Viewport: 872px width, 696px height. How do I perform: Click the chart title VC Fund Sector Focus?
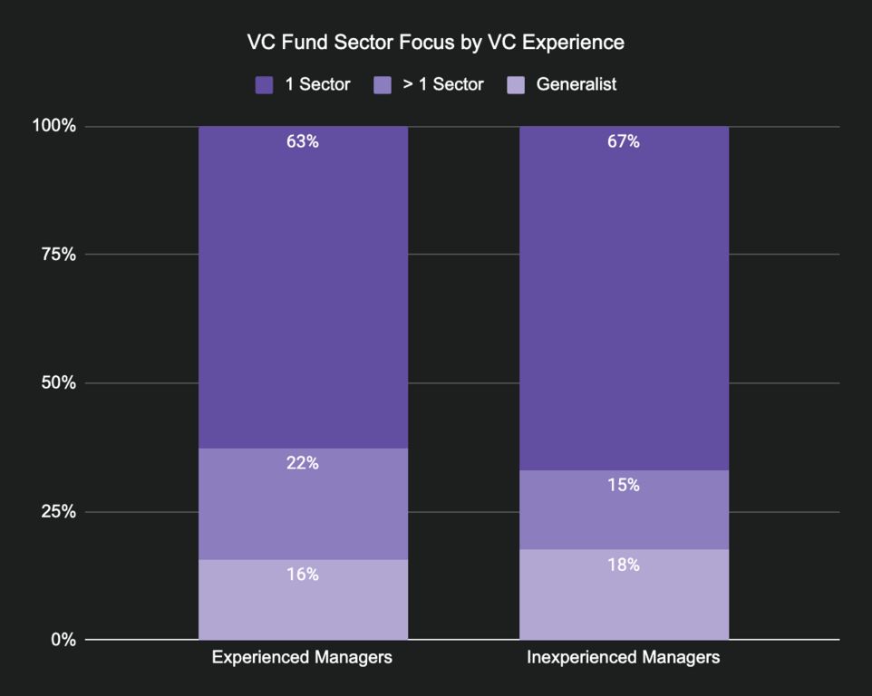coord(436,43)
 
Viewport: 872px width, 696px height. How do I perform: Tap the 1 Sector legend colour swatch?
coord(264,85)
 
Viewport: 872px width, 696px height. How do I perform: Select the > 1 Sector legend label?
coord(443,84)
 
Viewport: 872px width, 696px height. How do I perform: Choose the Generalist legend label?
coord(576,84)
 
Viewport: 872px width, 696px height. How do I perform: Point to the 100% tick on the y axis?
coord(54,126)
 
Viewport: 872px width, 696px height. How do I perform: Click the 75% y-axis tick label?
coord(58,255)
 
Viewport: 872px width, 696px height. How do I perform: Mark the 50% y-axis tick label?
coord(58,383)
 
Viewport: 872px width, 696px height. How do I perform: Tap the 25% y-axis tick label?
coord(58,512)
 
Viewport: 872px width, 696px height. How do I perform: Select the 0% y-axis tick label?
coord(63,640)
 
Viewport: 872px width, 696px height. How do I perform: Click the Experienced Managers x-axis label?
coord(302,658)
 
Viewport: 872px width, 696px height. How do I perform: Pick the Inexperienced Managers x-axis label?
coord(624,658)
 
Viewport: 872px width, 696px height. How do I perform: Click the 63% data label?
coord(303,142)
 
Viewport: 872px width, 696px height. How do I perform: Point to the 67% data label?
coord(624,142)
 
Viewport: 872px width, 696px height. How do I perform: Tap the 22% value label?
coord(303,464)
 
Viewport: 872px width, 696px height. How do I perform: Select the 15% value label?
coord(624,486)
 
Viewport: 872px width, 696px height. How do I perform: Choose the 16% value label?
coord(303,575)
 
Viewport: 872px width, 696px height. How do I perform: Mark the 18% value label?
coord(624,565)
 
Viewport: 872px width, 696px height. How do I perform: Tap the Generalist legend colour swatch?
coord(516,85)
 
